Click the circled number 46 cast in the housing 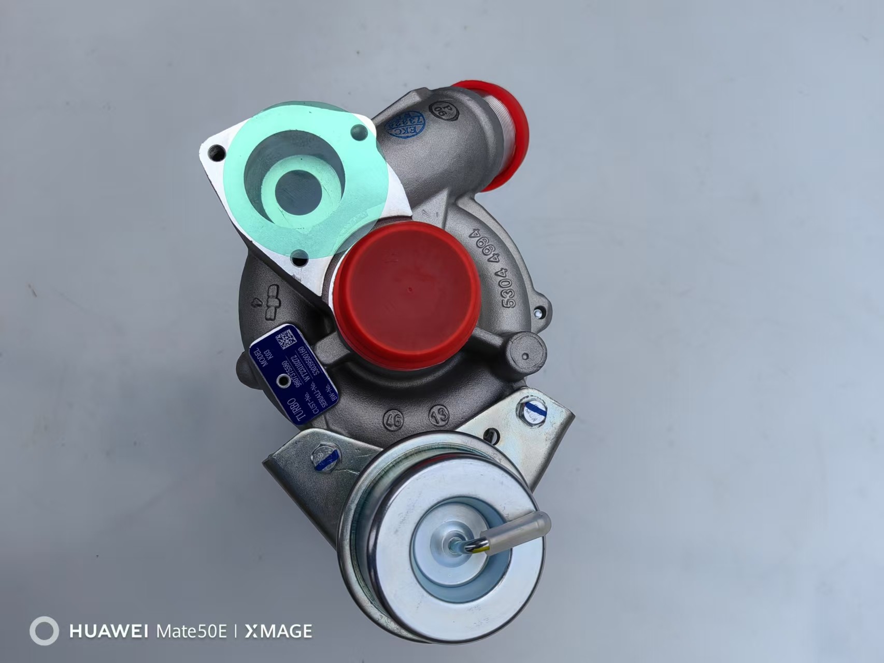coord(393,419)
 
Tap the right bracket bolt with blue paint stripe coord(532,413)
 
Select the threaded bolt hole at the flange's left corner coord(218,153)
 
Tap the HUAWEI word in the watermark coord(108,631)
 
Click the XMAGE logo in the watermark coord(278,631)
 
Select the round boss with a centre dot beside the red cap coord(525,356)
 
